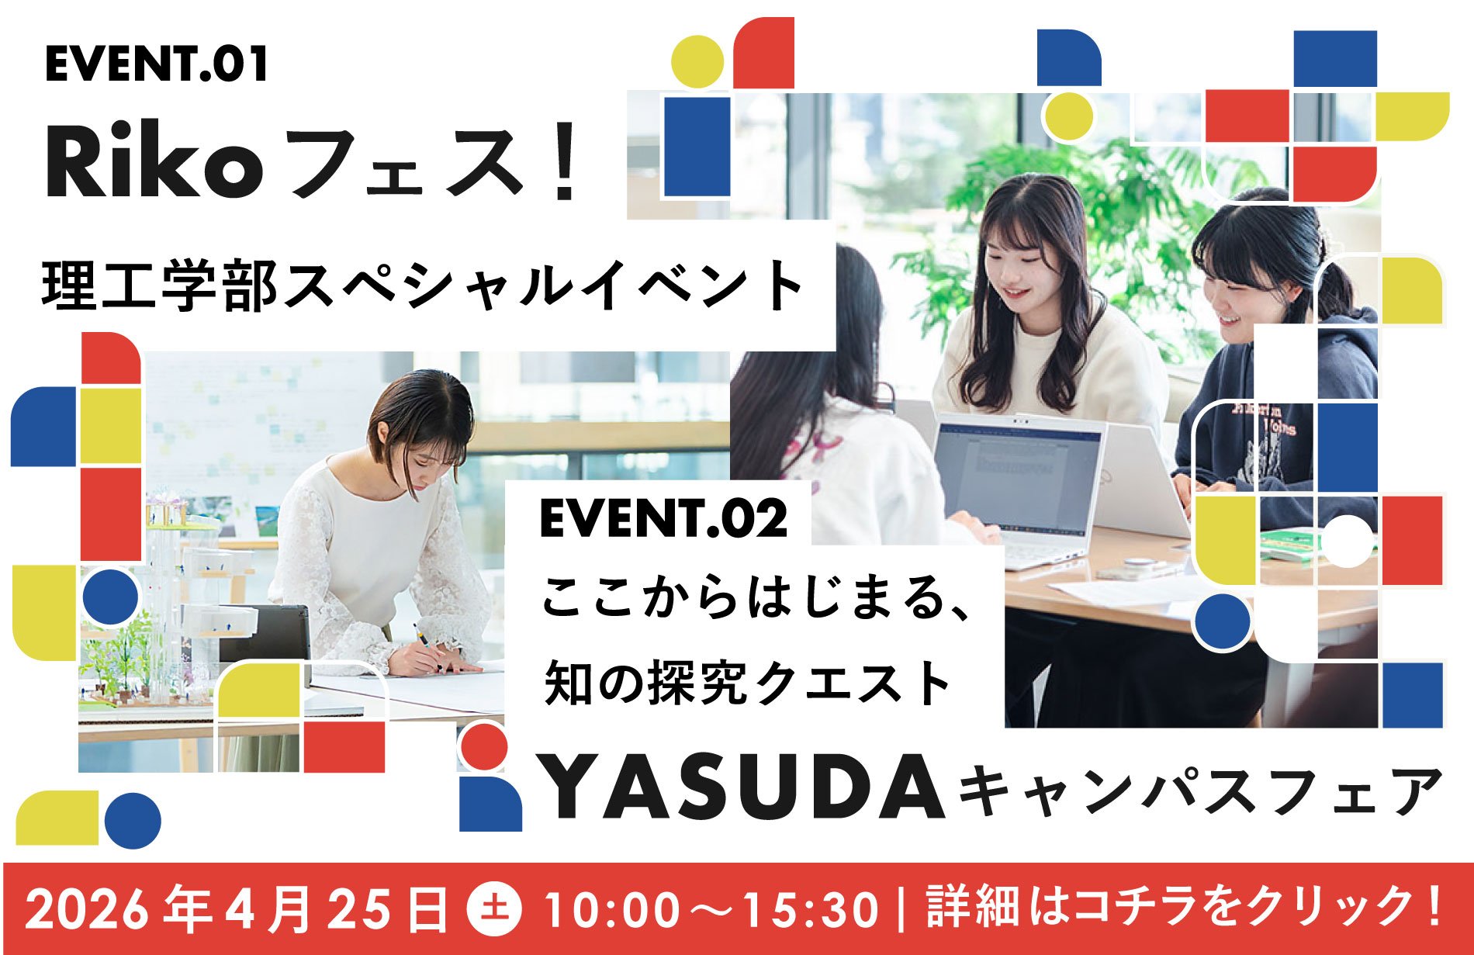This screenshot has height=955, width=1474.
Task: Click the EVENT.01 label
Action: tap(157, 64)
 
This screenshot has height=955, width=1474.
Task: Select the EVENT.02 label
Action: tap(663, 519)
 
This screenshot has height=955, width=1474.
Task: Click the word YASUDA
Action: tap(742, 788)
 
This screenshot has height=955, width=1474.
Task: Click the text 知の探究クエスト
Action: tap(747, 683)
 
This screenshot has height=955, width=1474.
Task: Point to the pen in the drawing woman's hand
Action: tap(421, 636)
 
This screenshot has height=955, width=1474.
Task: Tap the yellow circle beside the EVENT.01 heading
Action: tap(697, 61)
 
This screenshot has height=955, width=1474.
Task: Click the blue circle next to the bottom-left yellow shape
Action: tap(133, 820)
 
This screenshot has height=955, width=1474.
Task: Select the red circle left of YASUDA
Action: tap(483, 746)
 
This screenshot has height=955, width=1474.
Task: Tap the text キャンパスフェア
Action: tap(1200, 791)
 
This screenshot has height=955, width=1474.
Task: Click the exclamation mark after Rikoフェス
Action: tap(569, 165)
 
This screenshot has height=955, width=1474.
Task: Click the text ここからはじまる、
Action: tap(756, 600)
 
